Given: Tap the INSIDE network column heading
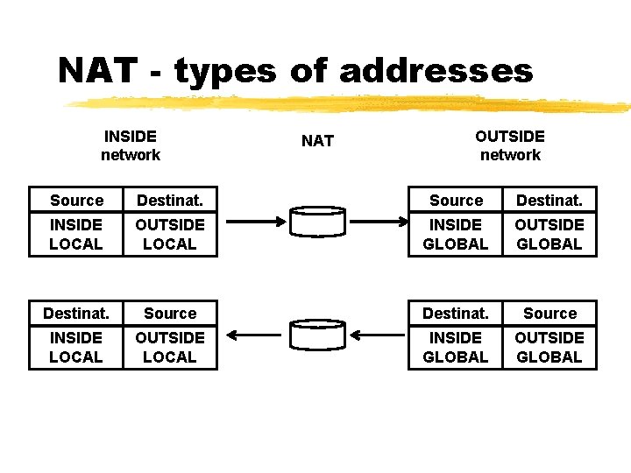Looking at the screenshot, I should [130, 145].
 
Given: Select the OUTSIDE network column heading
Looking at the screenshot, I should [509, 145].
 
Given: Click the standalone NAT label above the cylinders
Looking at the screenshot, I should [317, 141].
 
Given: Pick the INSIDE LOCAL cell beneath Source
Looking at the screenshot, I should [76, 235].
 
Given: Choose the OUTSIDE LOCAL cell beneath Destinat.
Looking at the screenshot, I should [170, 235].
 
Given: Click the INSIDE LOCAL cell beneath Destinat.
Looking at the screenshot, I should [76, 348].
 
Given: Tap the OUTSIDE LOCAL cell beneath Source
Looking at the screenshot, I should [170, 348].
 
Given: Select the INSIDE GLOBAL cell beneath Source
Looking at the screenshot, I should [456, 235].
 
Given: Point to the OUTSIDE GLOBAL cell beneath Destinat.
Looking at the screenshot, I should [549, 235].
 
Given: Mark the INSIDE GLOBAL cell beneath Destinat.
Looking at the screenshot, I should [456, 348].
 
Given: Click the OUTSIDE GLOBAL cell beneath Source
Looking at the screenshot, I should [549, 348].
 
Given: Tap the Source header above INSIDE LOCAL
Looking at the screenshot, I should [76, 201].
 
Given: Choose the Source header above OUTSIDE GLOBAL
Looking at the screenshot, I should [549, 314].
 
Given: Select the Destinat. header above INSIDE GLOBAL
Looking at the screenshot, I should [456, 314].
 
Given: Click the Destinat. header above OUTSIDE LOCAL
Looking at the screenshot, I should [170, 201].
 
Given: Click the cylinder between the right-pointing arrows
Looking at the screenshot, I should [317, 222].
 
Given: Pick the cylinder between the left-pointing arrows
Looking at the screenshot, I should [317, 335].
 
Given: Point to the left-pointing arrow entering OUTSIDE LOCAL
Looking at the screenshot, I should [253, 335].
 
